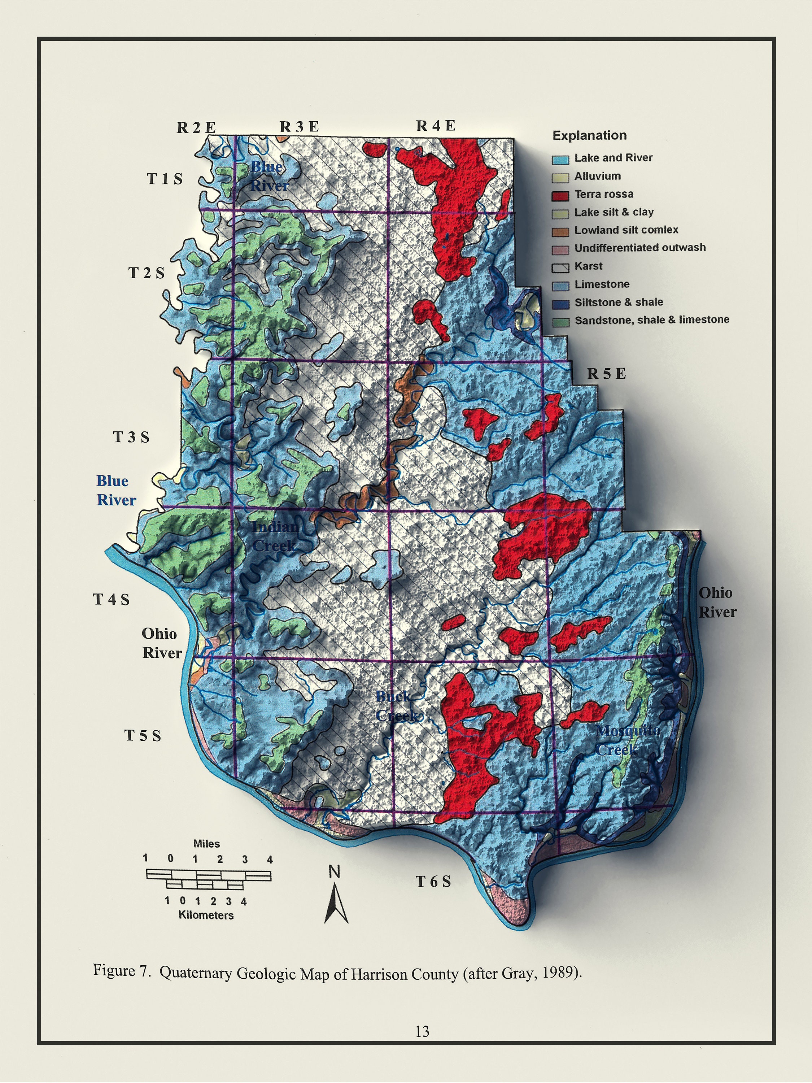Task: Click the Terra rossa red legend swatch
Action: pyautogui.click(x=560, y=196)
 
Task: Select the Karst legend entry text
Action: pyautogui.click(x=588, y=266)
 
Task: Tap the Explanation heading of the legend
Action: pyautogui.click(x=589, y=136)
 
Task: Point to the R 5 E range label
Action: pyautogui.click(x=606, y=374)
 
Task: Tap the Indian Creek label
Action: pyautogui.click(x=274, y=536)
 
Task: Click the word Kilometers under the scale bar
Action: pyautogui.click(x=206, y=915)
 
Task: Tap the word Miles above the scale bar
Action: pyautogui.click(x=206, y=844)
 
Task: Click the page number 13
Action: pyautogui.click(x=422, y=1032)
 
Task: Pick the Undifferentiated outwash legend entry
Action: pyautogui.click(x=640, y=248)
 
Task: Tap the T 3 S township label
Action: pyautogui.click(x=131, y=437)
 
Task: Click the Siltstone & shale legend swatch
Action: pyautogui.click(x=560, y=304)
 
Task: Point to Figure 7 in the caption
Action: pyautogui.click(x=121, y=970)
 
